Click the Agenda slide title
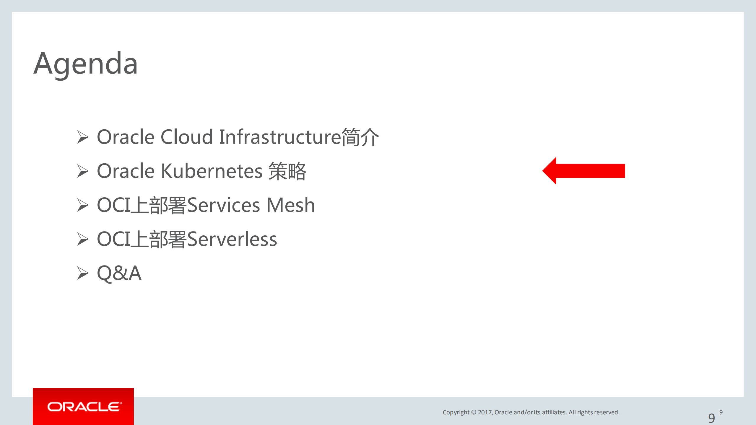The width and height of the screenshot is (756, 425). tap(86, 64)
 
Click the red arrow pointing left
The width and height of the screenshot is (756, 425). tap(583, 171)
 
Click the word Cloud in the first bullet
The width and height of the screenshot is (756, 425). tap(186, 137)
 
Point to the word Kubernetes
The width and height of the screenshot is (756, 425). tap(212, 171)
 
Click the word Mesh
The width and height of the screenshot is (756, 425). tap(291, 205)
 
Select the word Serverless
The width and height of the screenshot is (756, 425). tap(232, 239)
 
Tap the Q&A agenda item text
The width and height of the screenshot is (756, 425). tap(119, 273)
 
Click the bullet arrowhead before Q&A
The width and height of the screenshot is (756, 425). tap(83, 273)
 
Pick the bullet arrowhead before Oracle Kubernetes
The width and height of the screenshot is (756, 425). tap(83, 171)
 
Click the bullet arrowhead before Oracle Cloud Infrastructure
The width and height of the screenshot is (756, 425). tap(83, 137)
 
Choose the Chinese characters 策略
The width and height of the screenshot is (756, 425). tap(287, 171)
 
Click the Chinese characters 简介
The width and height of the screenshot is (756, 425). tap(360, 137)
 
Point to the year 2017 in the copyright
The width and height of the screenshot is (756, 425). tap(485, 412)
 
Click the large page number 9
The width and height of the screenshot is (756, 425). tap(711, 418)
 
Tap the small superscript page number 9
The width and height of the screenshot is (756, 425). tap(721, 412)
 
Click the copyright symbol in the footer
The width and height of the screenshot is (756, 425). tap(474, 412)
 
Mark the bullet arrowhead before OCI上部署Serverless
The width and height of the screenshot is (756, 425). tap(83, 239)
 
